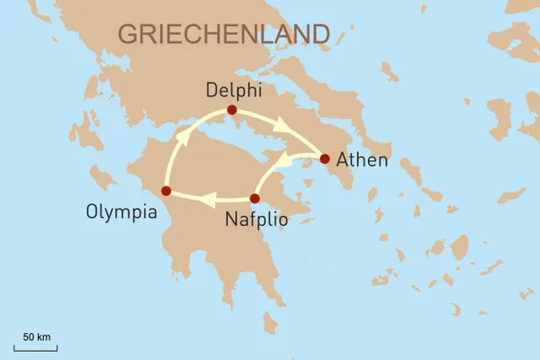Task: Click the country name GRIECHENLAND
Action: (x=222, y=34)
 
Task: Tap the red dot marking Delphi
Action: (x=231, y=110)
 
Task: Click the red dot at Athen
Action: (x=325, y=159)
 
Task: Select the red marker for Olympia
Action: (x=165, y=190)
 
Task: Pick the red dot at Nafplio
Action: (x=254, y=198)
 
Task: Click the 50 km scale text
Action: (x=37, y=336)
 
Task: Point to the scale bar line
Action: (x=36, y=346)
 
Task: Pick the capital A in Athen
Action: (x=342, y=161)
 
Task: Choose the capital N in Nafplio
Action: (x=231, y=218)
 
